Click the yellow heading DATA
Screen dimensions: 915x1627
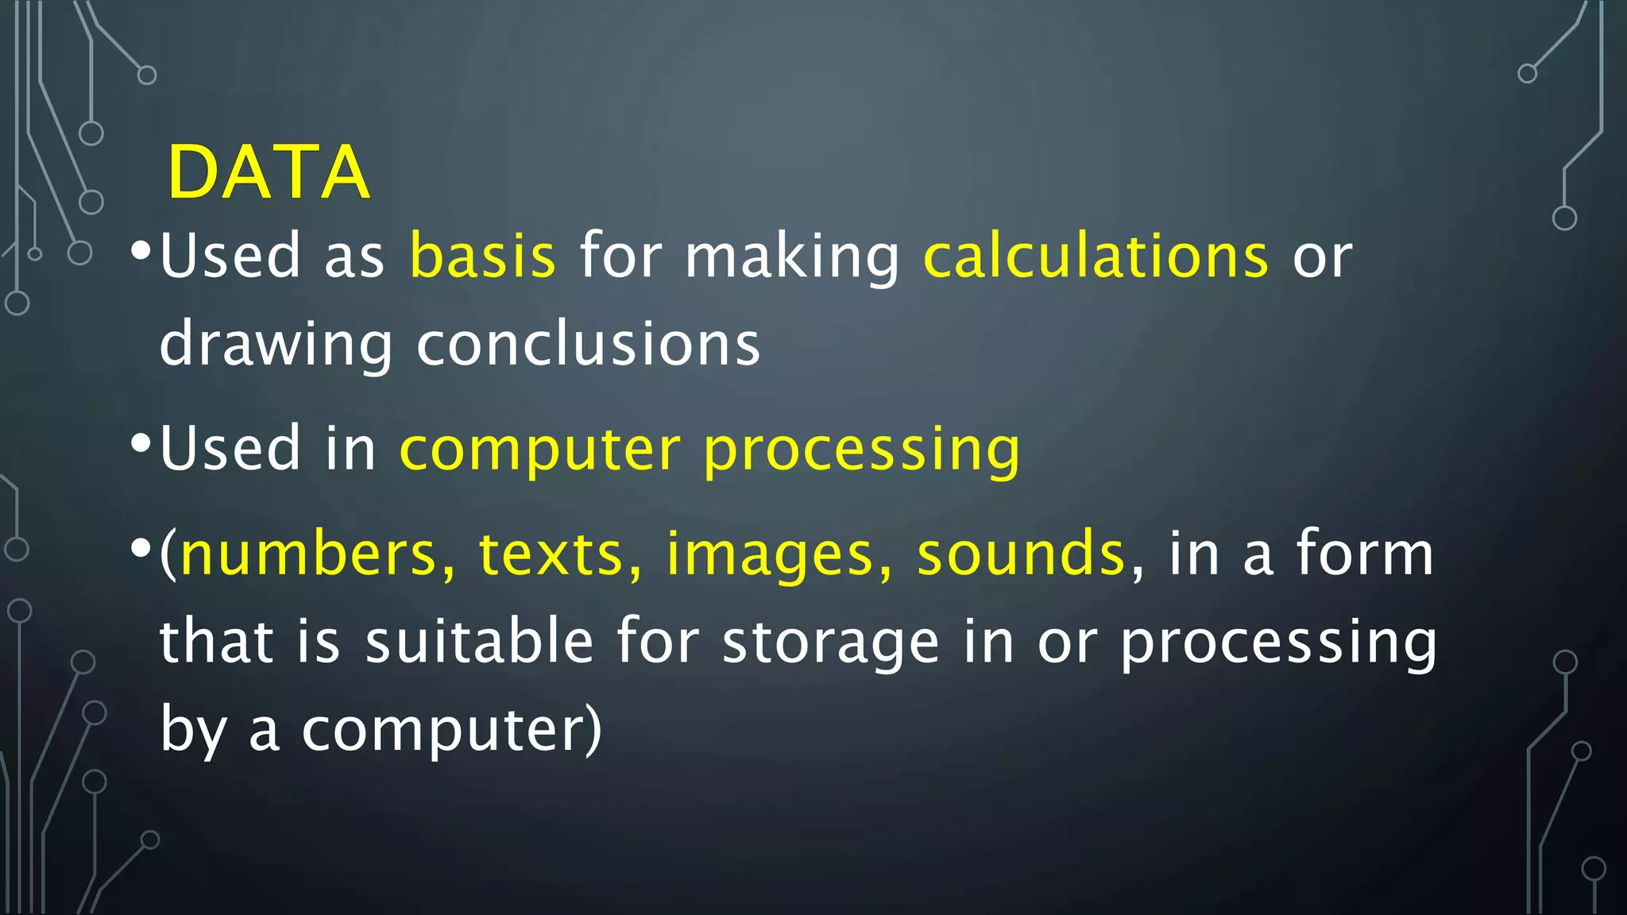point(269,172)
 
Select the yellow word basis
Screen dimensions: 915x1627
point(482,257)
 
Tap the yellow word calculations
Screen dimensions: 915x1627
point(1096,257)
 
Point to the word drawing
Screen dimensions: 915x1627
point(276,346)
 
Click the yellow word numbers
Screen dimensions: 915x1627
point(309,554)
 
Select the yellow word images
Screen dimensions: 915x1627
point(770,555)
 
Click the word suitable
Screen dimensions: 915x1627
point(479,641)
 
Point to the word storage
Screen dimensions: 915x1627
point(831,643)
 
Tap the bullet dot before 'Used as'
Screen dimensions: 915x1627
point(141,252)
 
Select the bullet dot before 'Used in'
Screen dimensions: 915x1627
point(141,444)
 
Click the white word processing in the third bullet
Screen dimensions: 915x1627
point(1278,643)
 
